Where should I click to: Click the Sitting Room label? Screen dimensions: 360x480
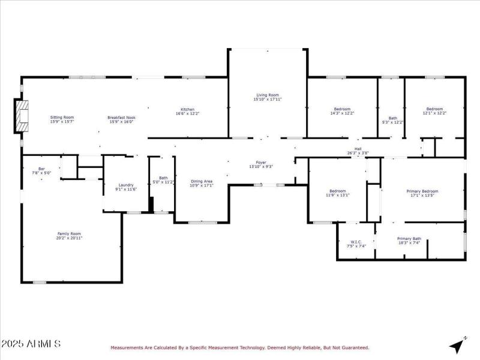point(62,117)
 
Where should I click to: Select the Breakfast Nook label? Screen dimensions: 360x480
point(121,117)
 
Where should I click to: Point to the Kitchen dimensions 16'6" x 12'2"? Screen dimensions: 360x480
point(188,113)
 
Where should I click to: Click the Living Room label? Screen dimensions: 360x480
point(268,95)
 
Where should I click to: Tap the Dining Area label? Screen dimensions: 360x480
point(201,181)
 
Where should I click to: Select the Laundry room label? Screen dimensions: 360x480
point(126,185)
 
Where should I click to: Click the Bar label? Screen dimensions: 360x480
point(41,168)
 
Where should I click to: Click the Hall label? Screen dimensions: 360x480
point(358,148)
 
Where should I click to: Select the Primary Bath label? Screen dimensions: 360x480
point(409,238)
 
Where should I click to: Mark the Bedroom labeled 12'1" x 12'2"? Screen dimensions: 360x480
point(434,109)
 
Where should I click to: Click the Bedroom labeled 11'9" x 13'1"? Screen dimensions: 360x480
point(337,190)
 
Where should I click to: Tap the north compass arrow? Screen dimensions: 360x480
point(458,346)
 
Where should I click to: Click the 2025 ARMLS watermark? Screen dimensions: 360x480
point(31,344)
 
